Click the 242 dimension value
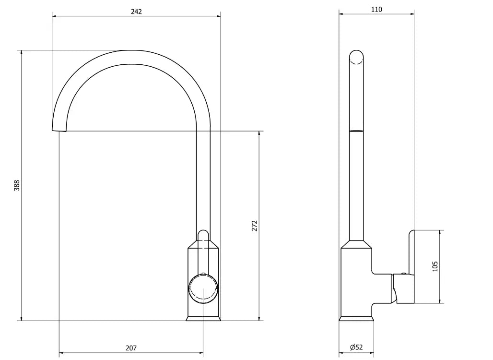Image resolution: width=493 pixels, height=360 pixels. pyautogui.click(x=136, y=11)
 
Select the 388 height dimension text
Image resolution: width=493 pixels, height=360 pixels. pyautogui.click(x=17, y=185)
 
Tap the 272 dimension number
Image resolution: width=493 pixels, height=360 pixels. pyautogui.click(x=255, y=226)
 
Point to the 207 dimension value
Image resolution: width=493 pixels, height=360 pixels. pyautogui.click(x=131, y=348)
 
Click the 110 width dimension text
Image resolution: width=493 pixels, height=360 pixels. pyautogui.click(x=376, y=9)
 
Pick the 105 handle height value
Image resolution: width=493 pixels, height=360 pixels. pyautogui.click(x=435, y=266)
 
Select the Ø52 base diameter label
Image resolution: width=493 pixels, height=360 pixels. pyautogui.click(x=356, y=348)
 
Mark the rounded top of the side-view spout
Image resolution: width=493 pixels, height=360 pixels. pyautogui.click(x=356, y=57)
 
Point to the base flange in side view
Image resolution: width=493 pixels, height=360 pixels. pyautogui.click(x=356, y=319)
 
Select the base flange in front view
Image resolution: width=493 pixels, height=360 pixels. pyautogui.click(x=203, y=319)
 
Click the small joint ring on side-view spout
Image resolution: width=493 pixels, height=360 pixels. pyautogui.click(x=356, y=130)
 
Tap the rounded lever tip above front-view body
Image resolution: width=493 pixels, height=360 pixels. pyautogui.click(x=203, y=235)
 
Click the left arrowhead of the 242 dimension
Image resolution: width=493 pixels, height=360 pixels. pyautogui.click(x=54, y=16)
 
